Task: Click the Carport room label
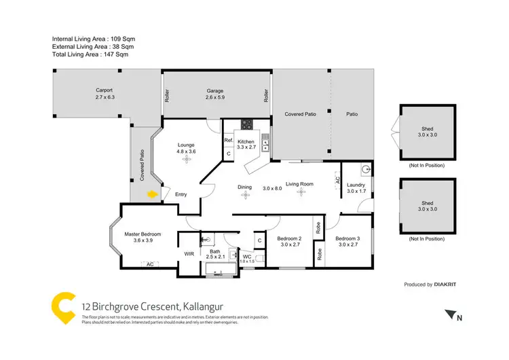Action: coord(104,90)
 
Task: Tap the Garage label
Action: coord(215,91)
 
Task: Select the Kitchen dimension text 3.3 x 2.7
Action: coord(246,147)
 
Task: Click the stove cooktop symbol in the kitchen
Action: coord(246,124)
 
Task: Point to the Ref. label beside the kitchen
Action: coord(229,140)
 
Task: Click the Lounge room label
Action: coord(186,145)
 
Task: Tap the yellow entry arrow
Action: coord(153,194)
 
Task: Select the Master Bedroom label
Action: coord(143,234)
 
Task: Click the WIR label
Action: coord(189,255)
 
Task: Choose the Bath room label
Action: coord(214,251)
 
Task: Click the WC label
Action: coord(247,256)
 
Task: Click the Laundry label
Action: coord(356,185)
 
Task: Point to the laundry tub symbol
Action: coord(366,169)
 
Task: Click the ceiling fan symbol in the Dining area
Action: coord(244,195)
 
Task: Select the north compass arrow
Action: coord(449,314)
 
